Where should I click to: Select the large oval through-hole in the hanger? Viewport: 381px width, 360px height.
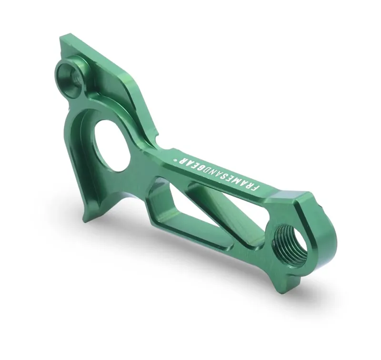[x=113, y=144]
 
